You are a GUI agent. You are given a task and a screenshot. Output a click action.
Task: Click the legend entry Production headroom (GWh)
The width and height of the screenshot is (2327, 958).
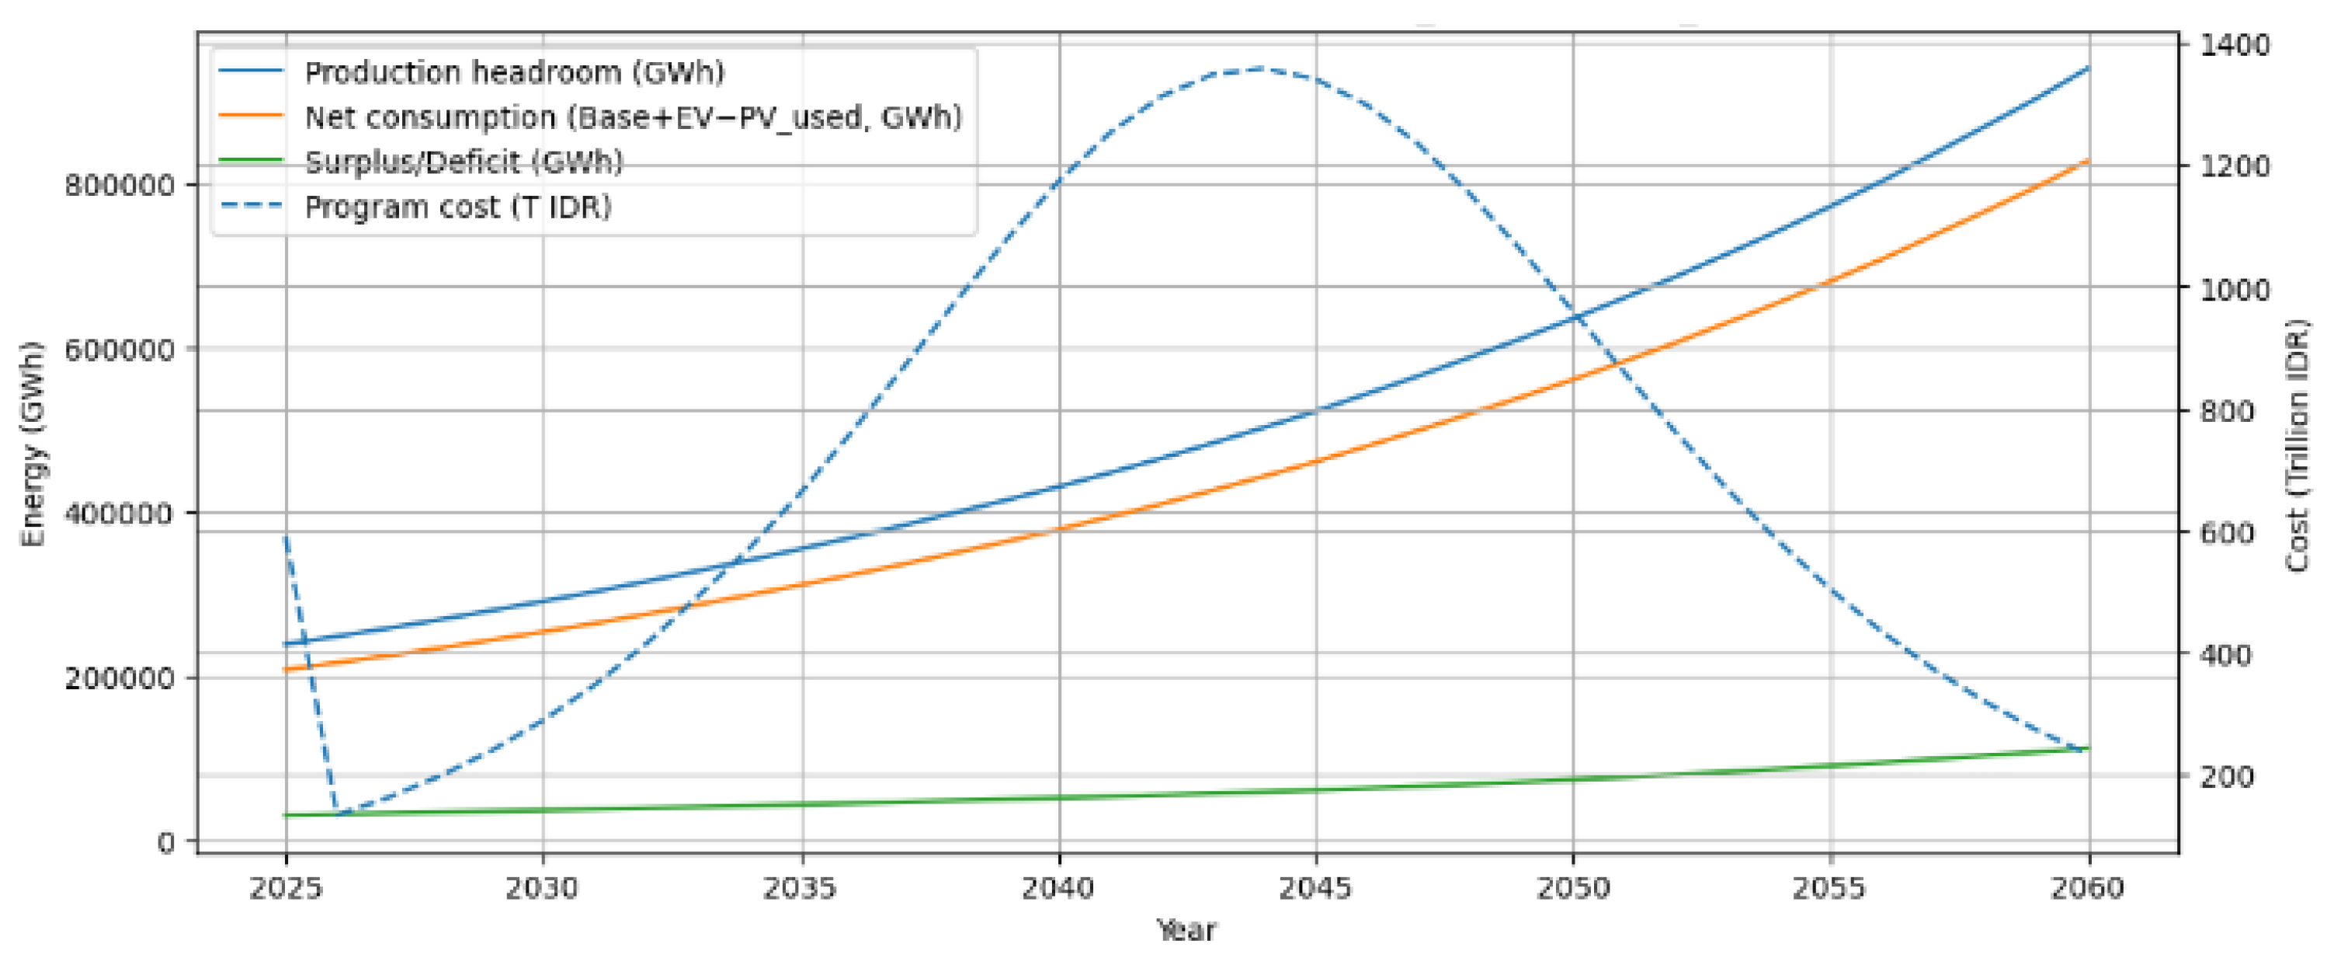click(x=514, y=72)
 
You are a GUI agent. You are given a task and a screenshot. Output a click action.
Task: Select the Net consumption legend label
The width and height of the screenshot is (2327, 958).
click(x=632, y=117)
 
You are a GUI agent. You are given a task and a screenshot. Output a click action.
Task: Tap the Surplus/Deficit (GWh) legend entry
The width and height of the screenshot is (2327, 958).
click(x=464, y=162)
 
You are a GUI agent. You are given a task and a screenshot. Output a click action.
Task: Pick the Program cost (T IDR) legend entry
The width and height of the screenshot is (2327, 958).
click(x=458, y=208)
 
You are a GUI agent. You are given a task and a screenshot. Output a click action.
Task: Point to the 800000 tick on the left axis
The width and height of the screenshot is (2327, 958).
click(x=118, y=185)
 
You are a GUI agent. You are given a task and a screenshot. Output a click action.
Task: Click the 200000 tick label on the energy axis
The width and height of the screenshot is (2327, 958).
click(x=118, y=678)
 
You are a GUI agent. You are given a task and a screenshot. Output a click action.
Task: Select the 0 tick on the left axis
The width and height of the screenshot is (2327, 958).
click(x=165, y=842)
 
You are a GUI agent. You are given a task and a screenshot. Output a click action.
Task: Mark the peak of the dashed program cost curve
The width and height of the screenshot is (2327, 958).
click(x=1259, y=68)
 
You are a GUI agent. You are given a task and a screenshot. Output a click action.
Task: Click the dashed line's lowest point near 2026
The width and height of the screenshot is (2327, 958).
click(x=338, y=813)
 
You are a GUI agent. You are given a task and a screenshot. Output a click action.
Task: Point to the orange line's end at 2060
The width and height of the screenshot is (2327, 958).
click(x=2088, y=161)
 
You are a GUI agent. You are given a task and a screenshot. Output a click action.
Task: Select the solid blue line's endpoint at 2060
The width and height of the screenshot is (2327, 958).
click(x=2088, y=68)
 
